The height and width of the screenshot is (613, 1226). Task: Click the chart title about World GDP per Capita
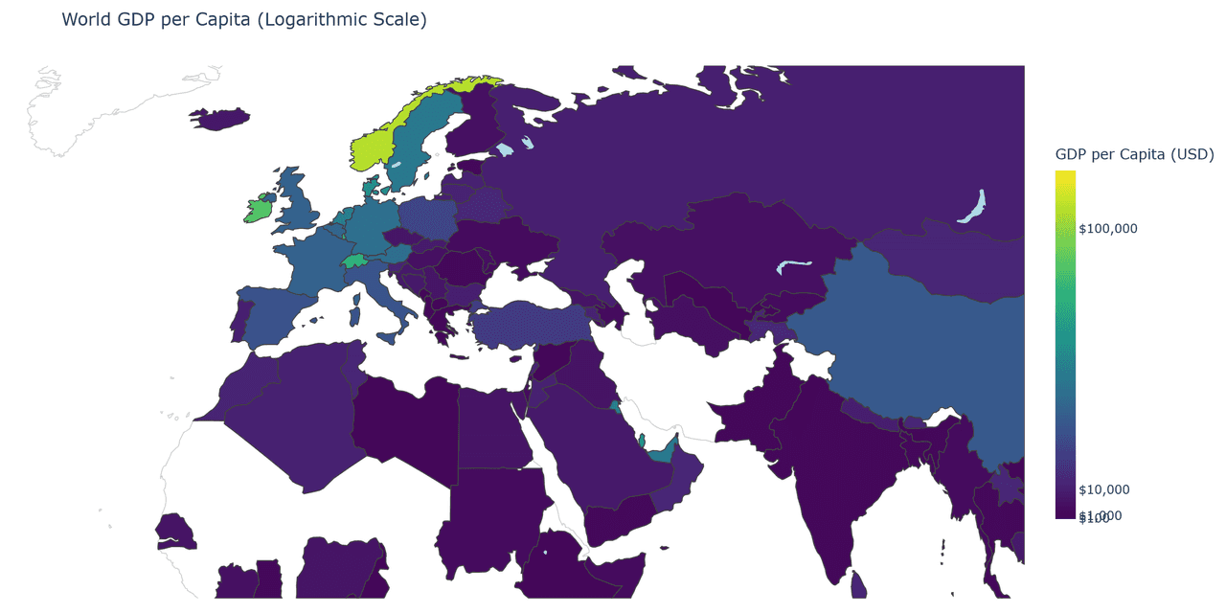point(244,19)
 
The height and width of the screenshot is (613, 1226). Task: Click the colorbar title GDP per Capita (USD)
point(1134,154)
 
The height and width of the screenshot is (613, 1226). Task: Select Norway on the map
point(375,148)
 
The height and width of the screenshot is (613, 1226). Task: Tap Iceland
point(219,118)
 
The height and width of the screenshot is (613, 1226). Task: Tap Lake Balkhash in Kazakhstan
point(793,265)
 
